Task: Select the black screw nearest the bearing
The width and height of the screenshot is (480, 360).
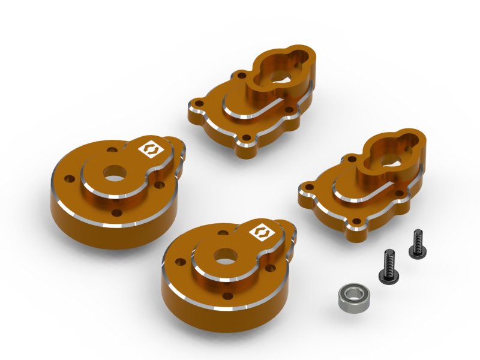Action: (385, 268)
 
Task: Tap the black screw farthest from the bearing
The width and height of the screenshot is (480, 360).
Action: (415, 244)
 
